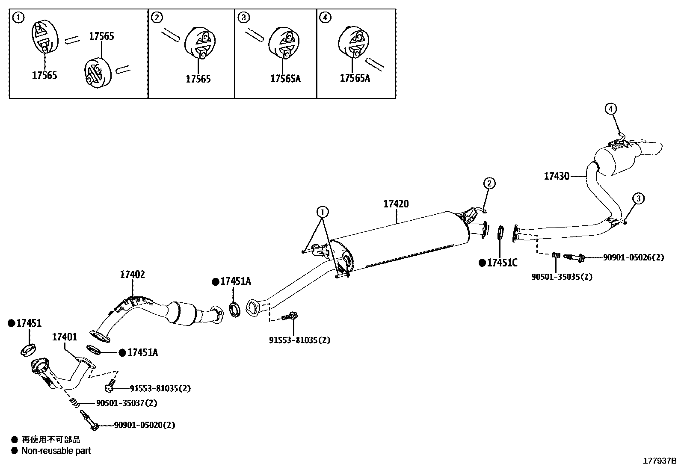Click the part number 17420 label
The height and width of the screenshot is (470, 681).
tap(396, 204)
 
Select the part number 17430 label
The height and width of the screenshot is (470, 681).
tap(556, 176)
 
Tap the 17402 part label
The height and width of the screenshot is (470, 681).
tap(132, 275)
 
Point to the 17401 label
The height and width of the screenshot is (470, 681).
tap(65, 337)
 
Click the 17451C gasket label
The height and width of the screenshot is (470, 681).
tap(502, 263)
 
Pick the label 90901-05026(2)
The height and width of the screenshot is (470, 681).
tap(633, 257)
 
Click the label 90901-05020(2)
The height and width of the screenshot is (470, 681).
tap(145, 425)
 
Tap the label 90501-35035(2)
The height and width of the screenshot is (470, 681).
tap(562, 277)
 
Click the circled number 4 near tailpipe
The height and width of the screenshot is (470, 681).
tap(610, 109)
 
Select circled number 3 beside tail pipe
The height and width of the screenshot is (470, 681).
tap(638, 198)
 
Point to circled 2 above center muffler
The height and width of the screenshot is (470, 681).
tap(489, 183)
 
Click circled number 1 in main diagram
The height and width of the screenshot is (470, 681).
tap(323, 211)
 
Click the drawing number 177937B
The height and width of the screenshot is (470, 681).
tap(660, 461)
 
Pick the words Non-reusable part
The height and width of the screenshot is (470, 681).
tap(56, 450)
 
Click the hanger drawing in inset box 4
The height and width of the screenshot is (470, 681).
tap(353, 42)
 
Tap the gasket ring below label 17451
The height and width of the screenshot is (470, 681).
tap(28, 349)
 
